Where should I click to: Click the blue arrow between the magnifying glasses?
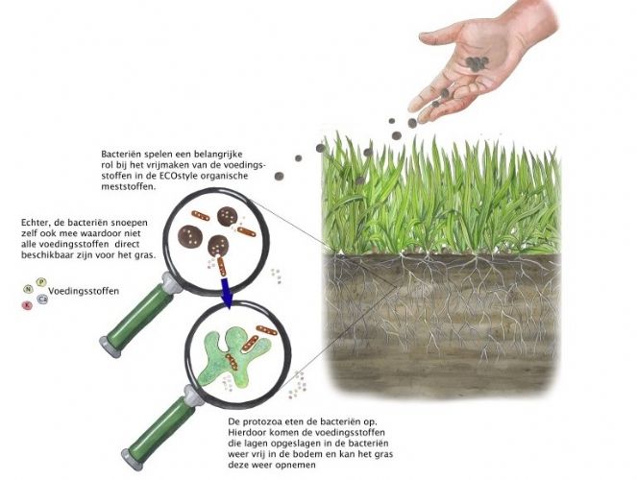coord(226,293)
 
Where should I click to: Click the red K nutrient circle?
coord(27,305)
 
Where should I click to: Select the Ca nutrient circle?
coord(42,300)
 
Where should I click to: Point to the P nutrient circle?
coord(41,282)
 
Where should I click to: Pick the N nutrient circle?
coord(28,289)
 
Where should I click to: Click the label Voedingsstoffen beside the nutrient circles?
coord(84,291)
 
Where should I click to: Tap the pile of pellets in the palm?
coord(477,63)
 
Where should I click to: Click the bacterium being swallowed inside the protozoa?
coord(232,362)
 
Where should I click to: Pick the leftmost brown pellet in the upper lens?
coord(190,236)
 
